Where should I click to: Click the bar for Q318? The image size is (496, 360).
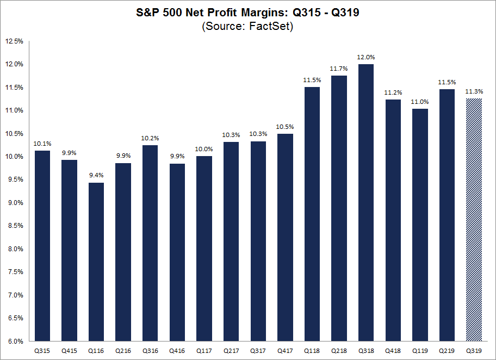[366, 202]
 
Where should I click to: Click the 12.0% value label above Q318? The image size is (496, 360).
[366, 57]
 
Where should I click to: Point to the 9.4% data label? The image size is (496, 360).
[96, 175]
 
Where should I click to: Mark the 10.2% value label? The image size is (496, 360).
[150, 138]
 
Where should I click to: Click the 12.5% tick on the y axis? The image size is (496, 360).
[14, 41]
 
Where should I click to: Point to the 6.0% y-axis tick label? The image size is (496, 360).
[15, 342]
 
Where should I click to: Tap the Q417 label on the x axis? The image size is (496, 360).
[285, 351]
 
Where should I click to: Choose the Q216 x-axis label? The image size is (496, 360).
[123, 351]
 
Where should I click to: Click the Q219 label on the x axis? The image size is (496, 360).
[447, 351]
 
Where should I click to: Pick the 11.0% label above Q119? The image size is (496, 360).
[420, 102]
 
